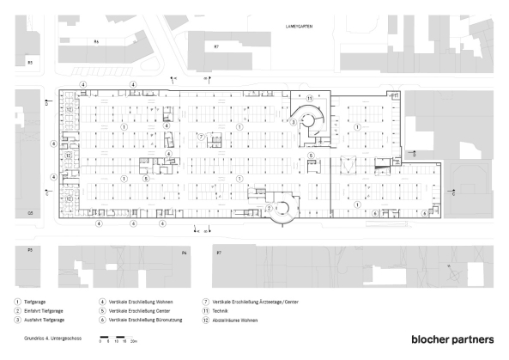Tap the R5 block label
(29, 63)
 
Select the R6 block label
(97, 42)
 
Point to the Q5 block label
(29, 212)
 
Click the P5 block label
(29, 251)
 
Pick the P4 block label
(184, 253)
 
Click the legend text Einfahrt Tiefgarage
(45, 310)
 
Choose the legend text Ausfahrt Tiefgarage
(46, 319)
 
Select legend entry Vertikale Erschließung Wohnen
(141, 302)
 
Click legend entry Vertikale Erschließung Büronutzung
(145, 319)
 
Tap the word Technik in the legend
(219, 310)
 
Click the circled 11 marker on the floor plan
(309, 99)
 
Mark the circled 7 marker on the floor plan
(200, 136)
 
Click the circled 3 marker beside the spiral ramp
(293, 123)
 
